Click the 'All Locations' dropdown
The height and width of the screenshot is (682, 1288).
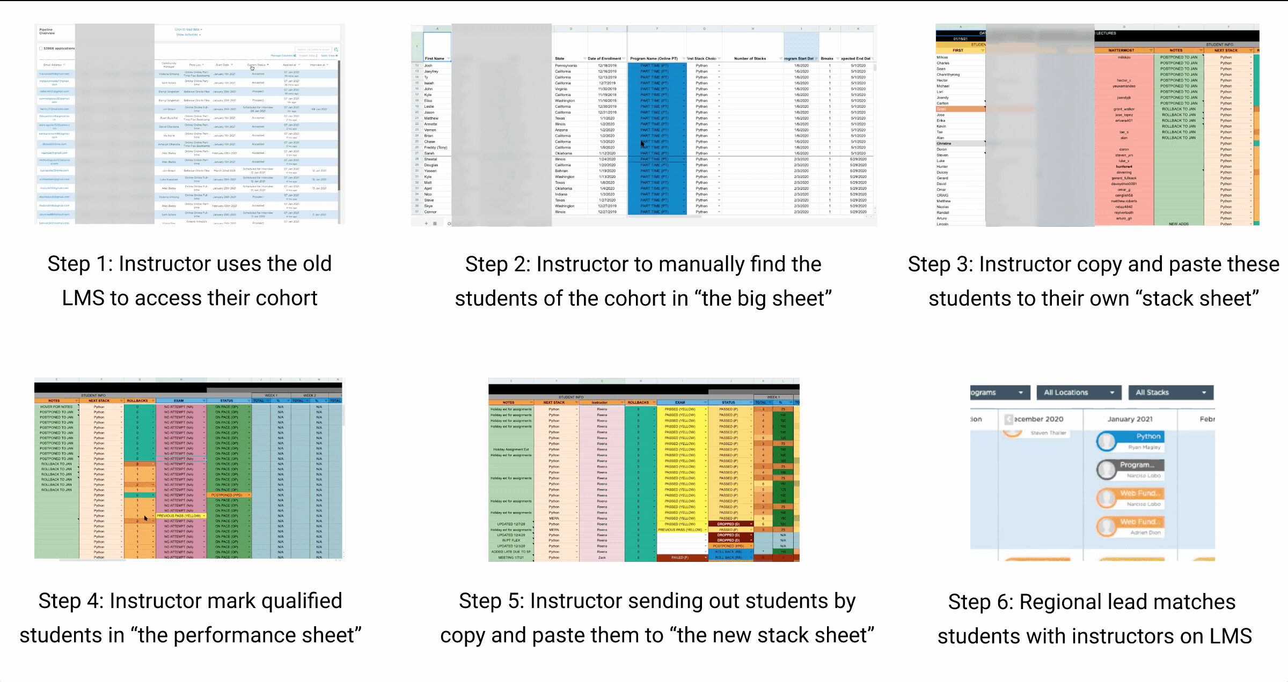pos(1079,392)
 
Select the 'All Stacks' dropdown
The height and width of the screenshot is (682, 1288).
pos(1170,392)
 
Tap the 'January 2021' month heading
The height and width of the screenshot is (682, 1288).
pos(1130,419)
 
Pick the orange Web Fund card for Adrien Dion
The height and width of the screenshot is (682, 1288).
pos(1130,526)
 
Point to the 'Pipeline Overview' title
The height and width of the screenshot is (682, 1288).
pos(47,31)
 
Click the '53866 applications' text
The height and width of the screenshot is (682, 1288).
pos(59,48)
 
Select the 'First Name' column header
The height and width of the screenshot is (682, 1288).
pos(434,58)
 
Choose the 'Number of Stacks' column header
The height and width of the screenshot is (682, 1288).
pos(750,58)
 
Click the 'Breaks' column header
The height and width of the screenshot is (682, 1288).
pos(827,58)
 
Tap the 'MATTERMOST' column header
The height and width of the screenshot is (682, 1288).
pos(1121,50)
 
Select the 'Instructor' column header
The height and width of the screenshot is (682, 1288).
pos(599,402)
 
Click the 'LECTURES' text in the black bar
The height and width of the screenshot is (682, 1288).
pos(1106,33)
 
